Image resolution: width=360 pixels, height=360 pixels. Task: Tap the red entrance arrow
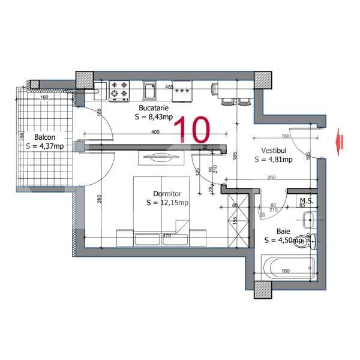[x=340, y=140]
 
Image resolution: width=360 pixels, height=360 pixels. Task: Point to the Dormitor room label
[x=167, y=193]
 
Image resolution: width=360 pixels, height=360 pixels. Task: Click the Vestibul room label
[x=274, y=150]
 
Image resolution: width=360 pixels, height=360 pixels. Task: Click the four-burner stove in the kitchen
[x=119, y=91]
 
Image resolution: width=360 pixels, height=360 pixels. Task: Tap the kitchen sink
[x=150, y=91]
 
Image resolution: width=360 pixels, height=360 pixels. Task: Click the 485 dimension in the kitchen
[x=169, y=86]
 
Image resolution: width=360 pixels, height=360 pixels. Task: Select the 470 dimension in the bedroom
[x=168, y=236]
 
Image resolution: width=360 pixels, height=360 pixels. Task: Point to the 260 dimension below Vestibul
[x=271, y=178]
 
